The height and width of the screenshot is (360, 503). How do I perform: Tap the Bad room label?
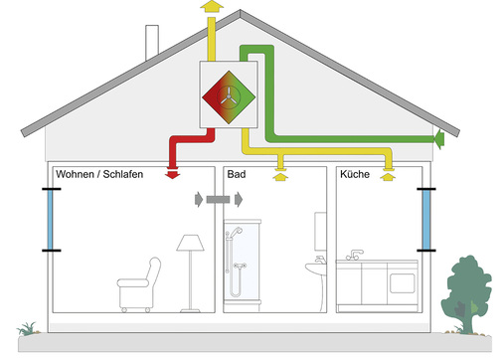237,174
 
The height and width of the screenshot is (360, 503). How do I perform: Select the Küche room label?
355,174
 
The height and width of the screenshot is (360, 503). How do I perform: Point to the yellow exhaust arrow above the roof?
210,8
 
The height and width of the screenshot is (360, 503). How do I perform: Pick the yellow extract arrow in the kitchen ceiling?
389,179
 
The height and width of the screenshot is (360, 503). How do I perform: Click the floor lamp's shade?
189,244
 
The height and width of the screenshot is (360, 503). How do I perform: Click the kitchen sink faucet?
355,252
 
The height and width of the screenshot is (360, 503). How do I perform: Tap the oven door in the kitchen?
403,281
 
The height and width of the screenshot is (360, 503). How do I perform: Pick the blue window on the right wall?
426,221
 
